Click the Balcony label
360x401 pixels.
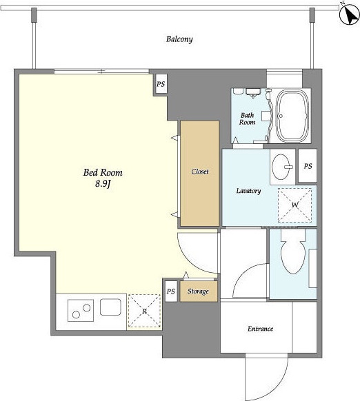coord(179,39)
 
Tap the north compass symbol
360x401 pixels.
coord(349,15)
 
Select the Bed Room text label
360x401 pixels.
coord(103,173)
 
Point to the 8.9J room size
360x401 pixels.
coord(103,184)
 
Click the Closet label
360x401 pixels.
coord(200,172)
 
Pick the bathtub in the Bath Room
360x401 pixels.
coord(292,116)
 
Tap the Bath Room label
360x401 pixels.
coord(247,119)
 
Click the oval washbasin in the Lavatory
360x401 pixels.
coord(281,167)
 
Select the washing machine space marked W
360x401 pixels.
coord(294,205)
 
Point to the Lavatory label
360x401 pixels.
coord(248,191)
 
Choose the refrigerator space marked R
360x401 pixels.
coord(144,311)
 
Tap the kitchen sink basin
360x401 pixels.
coord(110,307)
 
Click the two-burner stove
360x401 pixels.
coord(81,311)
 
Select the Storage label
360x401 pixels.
coord(198,291)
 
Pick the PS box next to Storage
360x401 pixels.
coord(171,291)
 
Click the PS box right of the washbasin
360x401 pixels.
coord(308,166)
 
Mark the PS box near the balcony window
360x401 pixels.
coord(161,84)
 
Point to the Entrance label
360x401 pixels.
coord(260,329)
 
